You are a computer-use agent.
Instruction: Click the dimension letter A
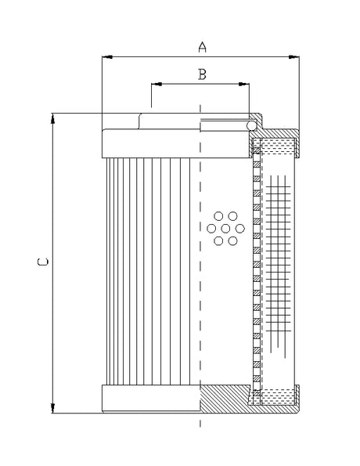point(202,47)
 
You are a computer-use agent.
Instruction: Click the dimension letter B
point(201,74)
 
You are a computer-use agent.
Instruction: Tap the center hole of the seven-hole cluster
point(225,228)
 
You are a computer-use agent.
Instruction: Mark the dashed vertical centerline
point(201,313)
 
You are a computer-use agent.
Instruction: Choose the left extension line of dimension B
point(151,96)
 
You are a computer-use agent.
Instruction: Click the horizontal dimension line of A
point(157,56)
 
